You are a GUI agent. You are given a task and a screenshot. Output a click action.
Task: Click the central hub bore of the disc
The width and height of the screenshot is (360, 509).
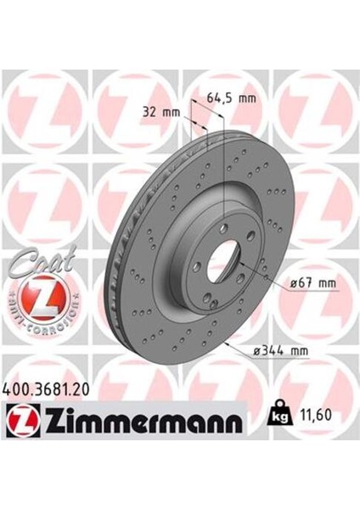[x=224, y=260]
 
